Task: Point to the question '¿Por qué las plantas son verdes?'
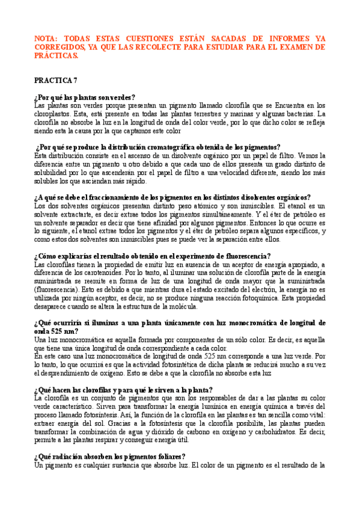[85, 97]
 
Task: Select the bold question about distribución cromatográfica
[157, 146]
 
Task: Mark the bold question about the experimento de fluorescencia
[153, 255]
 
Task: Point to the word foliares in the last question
[166, 456]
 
